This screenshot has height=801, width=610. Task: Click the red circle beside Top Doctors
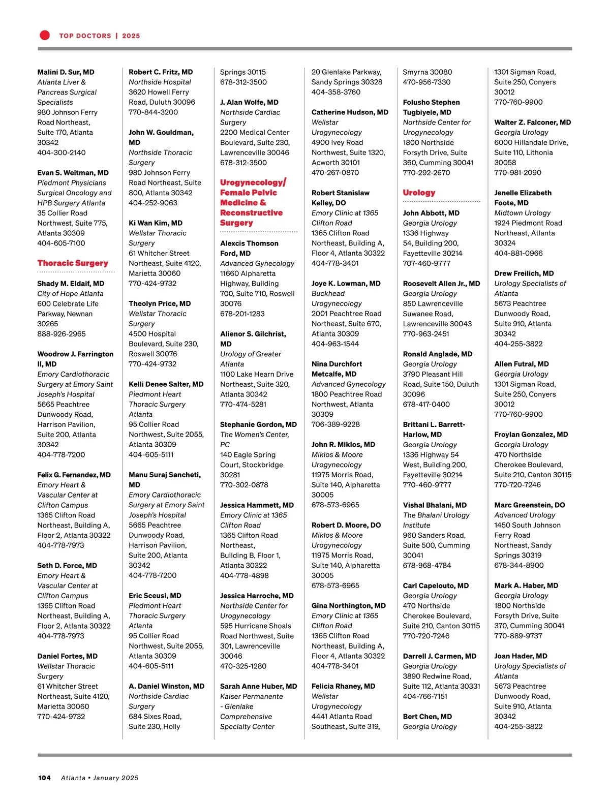(x=45, y=35)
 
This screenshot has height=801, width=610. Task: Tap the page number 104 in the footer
(x=44, y=778)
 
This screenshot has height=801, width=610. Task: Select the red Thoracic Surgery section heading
(x=73, y=263)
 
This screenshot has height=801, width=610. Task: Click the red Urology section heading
(x=419, y=193)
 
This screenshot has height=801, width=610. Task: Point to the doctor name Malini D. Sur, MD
(x=66, y=72)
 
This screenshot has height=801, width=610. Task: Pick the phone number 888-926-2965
(x=62, y=334)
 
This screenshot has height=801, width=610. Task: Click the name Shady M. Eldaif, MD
(x=71, y=284)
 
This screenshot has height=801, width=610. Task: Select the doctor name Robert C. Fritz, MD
(x=161, y=72)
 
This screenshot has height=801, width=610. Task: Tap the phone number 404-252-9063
(x=153, y=203)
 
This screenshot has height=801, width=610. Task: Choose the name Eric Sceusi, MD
(x=155, y=596)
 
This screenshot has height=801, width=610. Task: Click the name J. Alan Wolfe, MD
(x=249, y=102)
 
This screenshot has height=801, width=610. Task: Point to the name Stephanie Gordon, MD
(x=258, y=424)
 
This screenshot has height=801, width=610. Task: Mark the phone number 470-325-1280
(x=243, y=666)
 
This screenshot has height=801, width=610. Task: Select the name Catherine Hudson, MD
(x=350, y=112)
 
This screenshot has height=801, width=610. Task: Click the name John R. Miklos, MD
(x=343, y=445)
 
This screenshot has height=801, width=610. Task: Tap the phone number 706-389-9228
(x=335, y=424)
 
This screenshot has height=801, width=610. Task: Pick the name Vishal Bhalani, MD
(x=435, y=505)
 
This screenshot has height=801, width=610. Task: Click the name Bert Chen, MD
(x=427, y=717)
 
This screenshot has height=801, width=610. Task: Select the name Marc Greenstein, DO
(x=529, y=505)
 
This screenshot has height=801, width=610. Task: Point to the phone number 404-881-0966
(x=518, y=253)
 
